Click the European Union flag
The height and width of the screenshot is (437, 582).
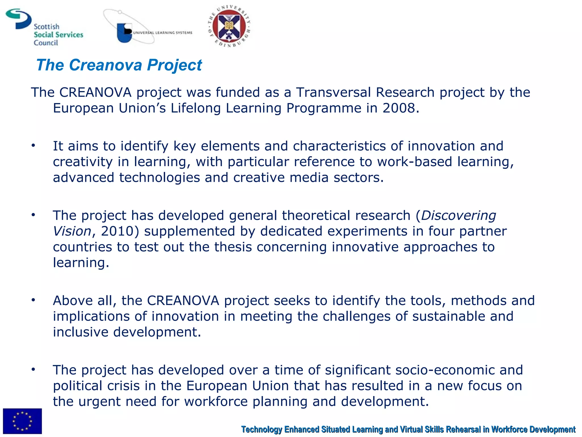click(x=22, y=421)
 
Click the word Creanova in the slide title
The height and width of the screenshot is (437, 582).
click(x=105, y=65)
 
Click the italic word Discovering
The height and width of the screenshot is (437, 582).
click(x=458, y=215)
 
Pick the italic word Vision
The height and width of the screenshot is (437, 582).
click(x=72, y=231)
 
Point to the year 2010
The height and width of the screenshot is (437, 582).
click(x=117, y=231)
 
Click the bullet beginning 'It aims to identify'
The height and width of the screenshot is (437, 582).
click(x=33, y=146)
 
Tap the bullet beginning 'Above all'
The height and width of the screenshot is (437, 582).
click(x=33, y=300)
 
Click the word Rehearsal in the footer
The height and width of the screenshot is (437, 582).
click(x=463, y=429)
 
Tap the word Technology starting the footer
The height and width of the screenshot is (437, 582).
click(x=261, y=429)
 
